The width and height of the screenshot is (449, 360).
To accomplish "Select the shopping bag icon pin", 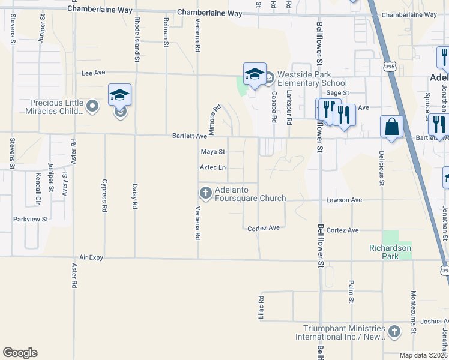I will pos(391,127).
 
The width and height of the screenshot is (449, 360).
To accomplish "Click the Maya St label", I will pos(212,152).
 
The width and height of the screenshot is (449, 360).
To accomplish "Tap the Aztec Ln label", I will pos(213,167).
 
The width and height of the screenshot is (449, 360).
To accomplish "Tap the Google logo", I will pos(20,353).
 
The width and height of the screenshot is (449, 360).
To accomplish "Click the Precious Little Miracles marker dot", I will pos(92,107).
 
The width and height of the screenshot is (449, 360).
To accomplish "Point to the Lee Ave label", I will pos(93,73).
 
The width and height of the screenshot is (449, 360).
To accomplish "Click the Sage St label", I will pos(337,93).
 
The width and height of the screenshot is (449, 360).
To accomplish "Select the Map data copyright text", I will pos(423,355).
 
